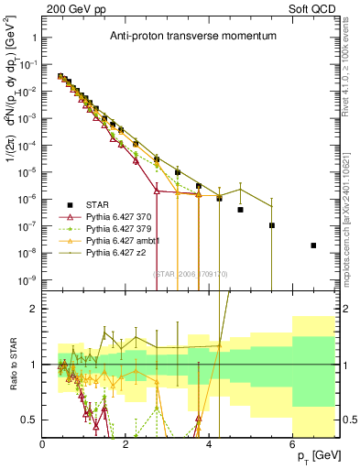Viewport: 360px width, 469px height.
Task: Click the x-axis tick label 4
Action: tap(210, 443)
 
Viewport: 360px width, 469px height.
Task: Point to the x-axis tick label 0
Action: tap(43, 443)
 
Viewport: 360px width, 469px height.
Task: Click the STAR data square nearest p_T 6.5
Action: tap(314, 245)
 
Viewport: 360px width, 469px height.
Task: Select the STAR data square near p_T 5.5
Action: tap(272, 225)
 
